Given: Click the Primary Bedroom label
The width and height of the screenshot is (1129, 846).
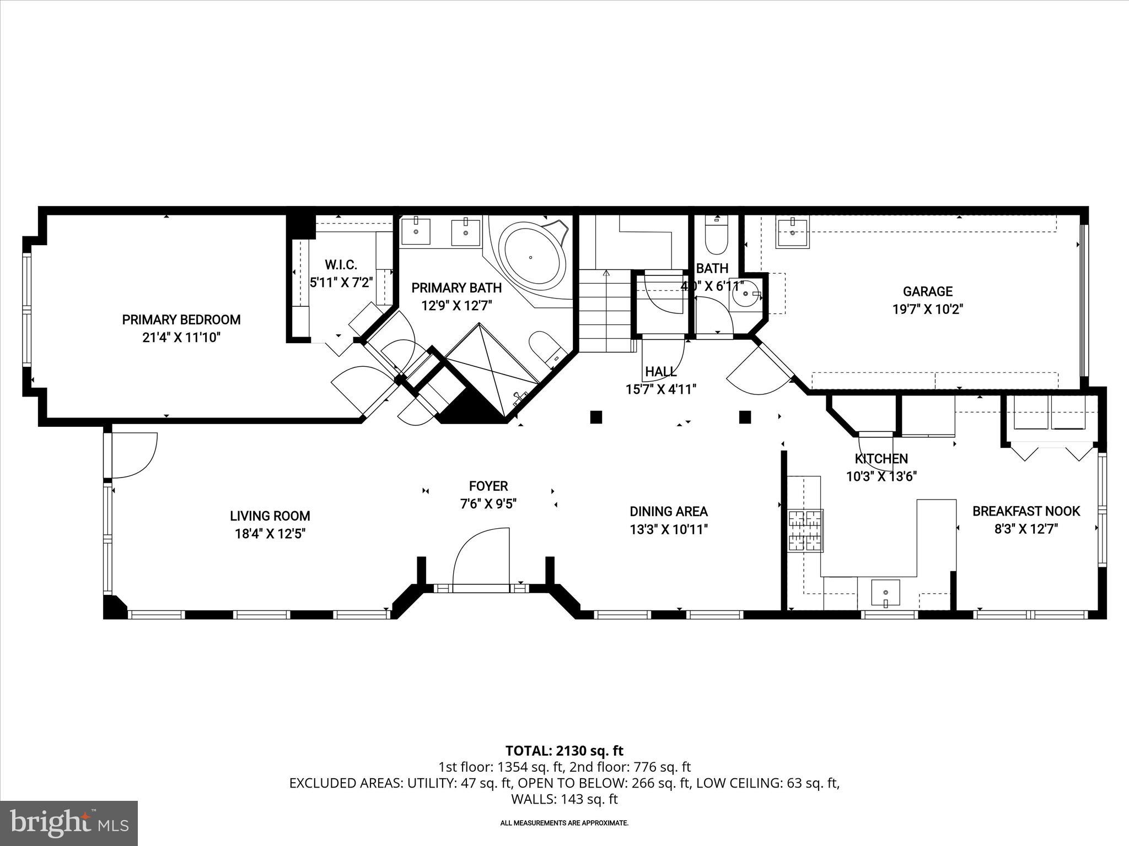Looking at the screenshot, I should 181,319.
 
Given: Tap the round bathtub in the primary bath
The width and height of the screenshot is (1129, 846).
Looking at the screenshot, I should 531,257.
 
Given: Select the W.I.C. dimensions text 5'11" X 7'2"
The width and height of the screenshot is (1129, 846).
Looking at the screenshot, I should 341,283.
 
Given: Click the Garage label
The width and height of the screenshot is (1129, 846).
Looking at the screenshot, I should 927,291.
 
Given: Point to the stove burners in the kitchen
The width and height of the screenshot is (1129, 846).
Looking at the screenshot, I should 805,530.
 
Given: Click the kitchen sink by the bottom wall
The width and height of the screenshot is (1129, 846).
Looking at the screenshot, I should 885,593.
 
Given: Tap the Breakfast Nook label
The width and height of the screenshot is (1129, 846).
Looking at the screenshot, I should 1025,511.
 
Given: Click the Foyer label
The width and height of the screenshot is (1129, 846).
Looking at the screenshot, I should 488,486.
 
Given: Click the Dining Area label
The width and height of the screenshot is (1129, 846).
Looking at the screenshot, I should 668,512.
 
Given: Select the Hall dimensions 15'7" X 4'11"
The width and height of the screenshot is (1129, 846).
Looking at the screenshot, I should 660,389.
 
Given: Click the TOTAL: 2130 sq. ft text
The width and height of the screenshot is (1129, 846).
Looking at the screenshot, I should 564,751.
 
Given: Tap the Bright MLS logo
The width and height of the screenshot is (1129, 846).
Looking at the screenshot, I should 69,823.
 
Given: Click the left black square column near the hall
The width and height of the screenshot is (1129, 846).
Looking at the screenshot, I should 595,417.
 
